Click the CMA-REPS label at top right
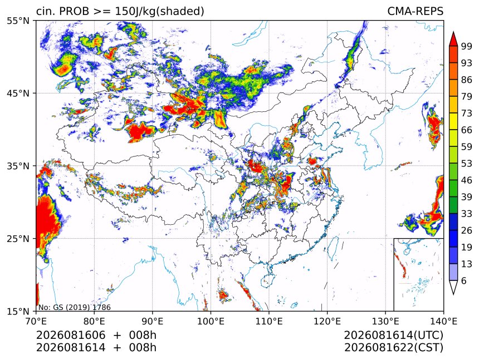pos(415,11)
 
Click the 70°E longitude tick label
pos(36,321)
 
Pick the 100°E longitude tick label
pos(211,321)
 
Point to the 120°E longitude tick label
pos(327,321)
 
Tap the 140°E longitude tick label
pos(443,321)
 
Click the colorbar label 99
pos(467,46)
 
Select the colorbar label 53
pos(467,164)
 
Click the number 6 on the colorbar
pos(464,280)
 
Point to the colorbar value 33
pos(467,214)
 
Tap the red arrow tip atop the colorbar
pos(453,32)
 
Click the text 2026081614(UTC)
pos(393,335)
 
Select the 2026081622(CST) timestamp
pos(393,348)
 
